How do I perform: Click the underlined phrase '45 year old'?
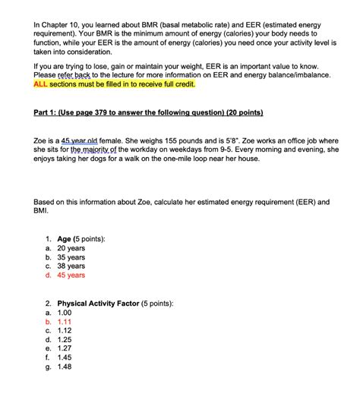(81, 142)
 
